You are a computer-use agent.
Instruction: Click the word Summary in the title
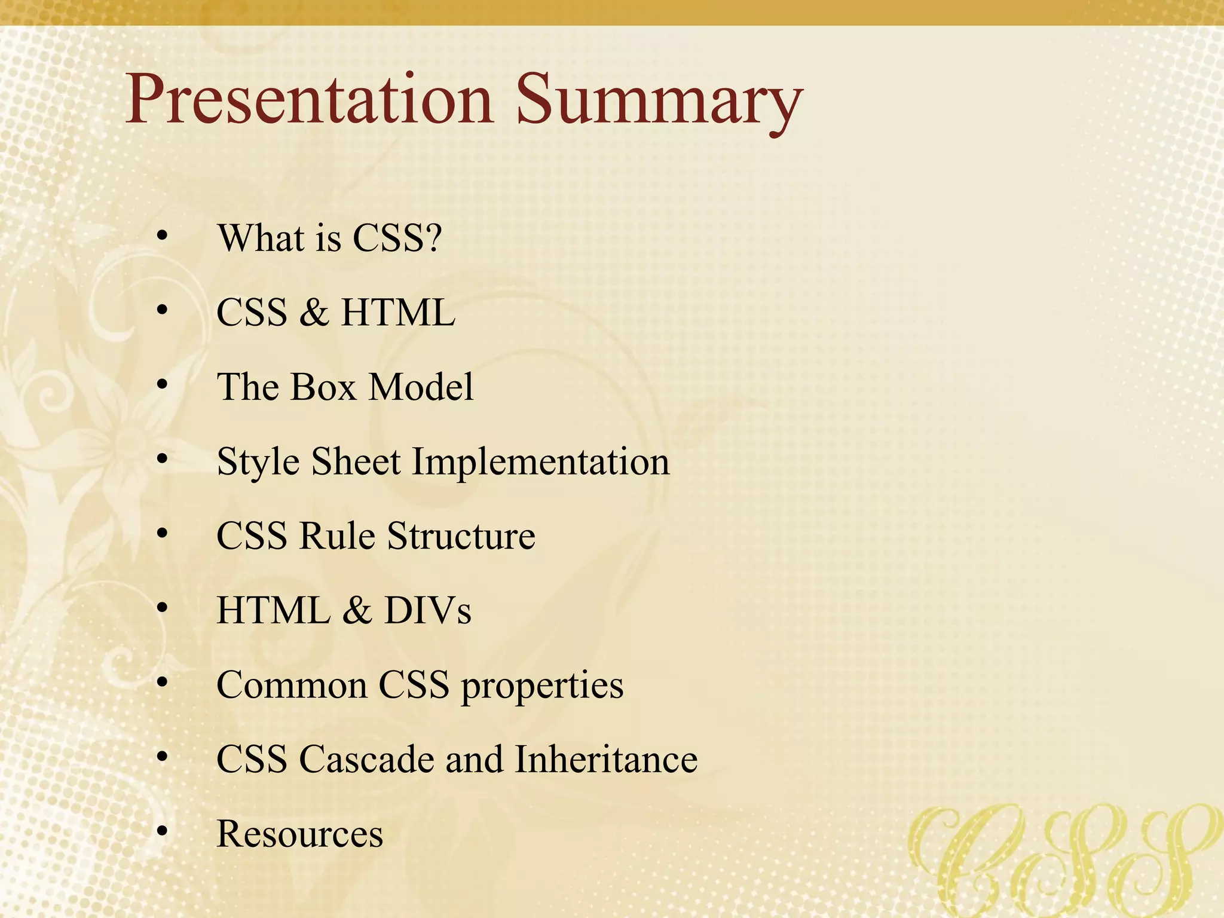(x=657, y=102)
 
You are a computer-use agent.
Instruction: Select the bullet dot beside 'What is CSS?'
(x=162, y=236)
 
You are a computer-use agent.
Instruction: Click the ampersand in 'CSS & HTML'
(x=314, y=313)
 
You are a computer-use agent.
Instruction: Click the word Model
(x=421, y=387)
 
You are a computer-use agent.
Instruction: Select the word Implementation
(x=540, y=462)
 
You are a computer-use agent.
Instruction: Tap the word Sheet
(x=356, y=461)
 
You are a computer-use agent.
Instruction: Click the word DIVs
(x=427, y=610)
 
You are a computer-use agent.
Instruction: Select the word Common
(x=291, y=685)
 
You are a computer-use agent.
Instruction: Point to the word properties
(x=542, y=686)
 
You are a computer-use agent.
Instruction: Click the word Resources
(x=299, y=834)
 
